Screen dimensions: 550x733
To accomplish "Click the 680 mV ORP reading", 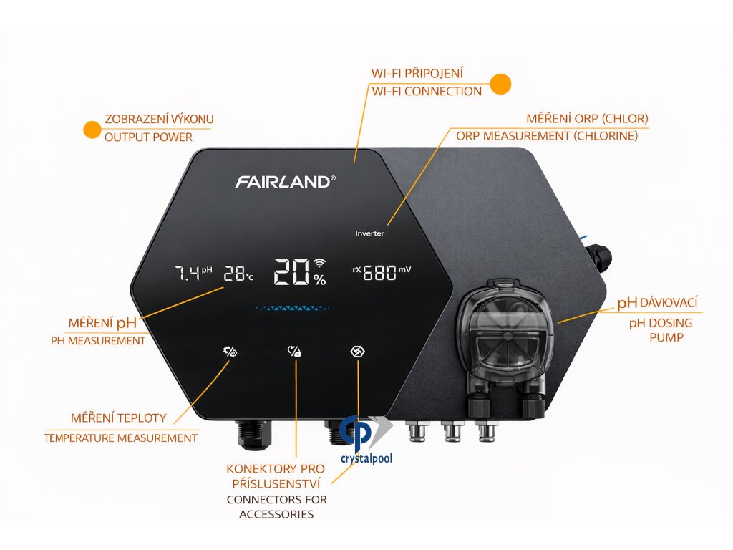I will point(382,273).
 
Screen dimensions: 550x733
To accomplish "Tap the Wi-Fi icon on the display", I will point(319,262).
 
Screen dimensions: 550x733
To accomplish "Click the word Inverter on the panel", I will point(369,233).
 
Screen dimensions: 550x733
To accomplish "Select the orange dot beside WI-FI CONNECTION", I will point(500,83).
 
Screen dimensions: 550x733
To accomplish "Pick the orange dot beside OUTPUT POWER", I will point(92,129).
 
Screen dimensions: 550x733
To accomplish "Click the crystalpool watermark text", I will point(366,458).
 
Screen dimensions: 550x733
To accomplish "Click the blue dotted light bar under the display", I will point(298,309).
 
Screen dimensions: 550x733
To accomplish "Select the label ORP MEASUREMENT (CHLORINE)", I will point(546,136).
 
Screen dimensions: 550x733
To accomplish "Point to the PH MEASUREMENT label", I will point(98,341).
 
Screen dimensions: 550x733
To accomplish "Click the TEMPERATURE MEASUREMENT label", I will point(121,438).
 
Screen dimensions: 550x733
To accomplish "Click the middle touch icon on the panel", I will point(295,351).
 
